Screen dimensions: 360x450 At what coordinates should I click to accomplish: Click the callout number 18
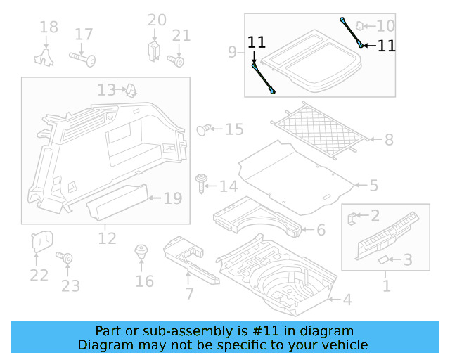click(49, 28)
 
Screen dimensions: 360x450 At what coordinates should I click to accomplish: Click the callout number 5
click(373, 186)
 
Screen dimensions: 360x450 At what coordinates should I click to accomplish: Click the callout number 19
click(172, 198)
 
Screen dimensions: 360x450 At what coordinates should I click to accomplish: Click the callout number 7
click(189, 293)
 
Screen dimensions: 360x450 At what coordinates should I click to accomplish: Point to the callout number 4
click(346, 300)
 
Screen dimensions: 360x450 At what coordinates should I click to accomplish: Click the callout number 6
click(321, 230)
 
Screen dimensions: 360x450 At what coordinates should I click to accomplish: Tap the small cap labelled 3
click(384, 260)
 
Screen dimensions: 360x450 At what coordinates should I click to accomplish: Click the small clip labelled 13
click(131, 89)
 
